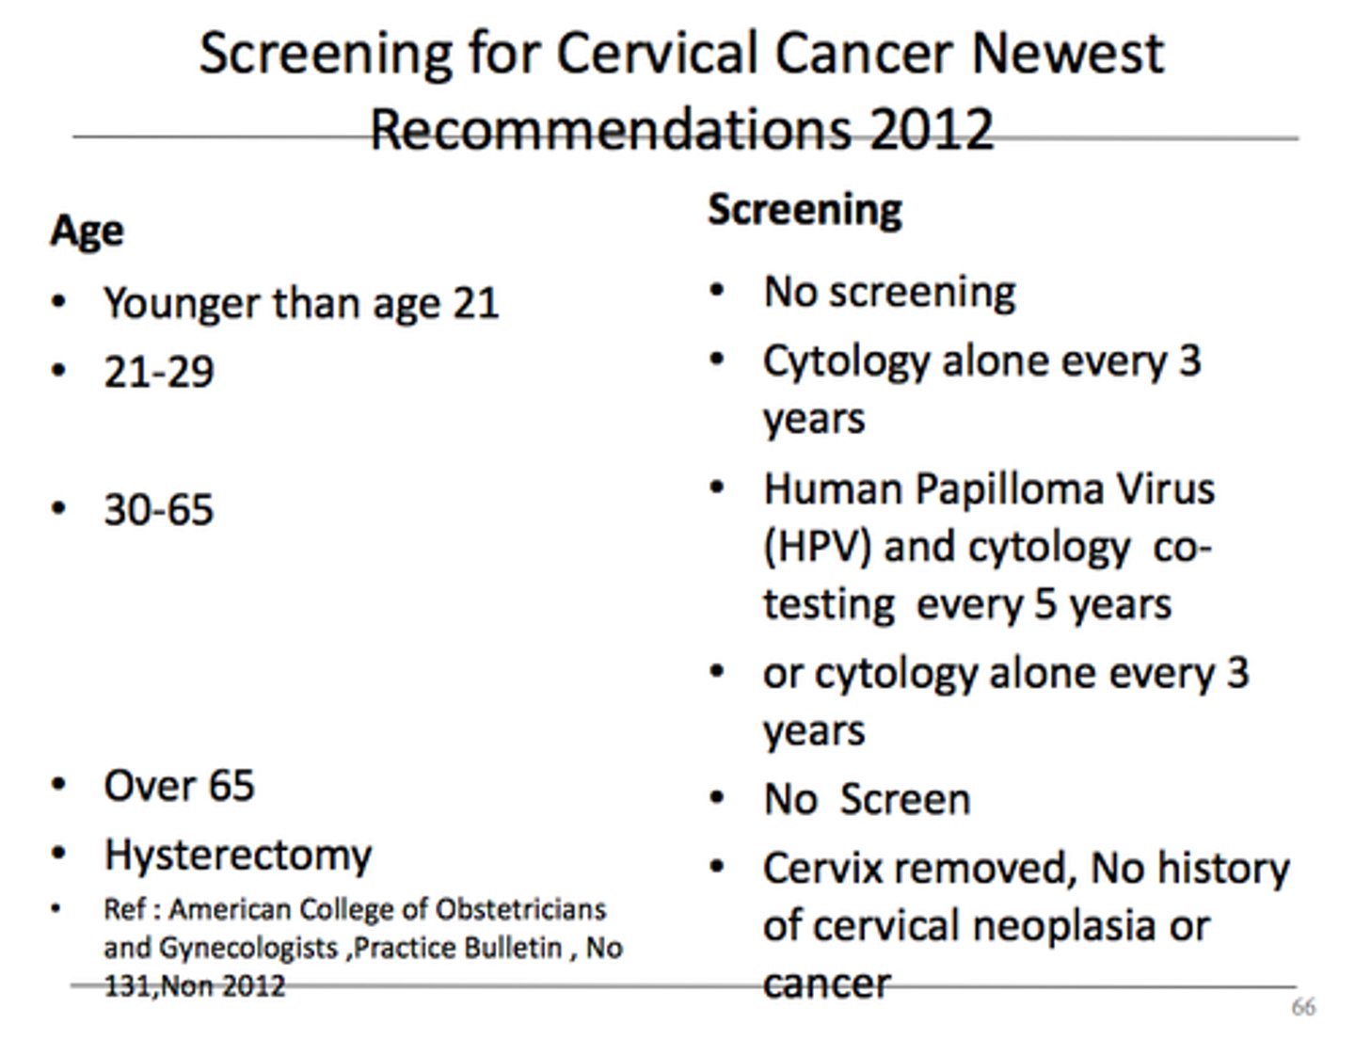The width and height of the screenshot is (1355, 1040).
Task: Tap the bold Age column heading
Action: (87, 231)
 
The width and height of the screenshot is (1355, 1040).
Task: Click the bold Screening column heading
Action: (805, 209)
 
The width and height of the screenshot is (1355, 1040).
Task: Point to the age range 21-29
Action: (158, 372)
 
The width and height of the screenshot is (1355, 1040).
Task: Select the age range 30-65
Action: (158, 509)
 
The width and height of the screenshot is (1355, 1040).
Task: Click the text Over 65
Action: (179, 785)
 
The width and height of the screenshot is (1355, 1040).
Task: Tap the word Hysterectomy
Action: (238, 855)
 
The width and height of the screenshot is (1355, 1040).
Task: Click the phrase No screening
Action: (889, 292)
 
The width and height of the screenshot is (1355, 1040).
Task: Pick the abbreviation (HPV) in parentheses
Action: (817, 547)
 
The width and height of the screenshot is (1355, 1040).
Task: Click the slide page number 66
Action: (1302, 1007)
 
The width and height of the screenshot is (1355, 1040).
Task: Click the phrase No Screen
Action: (867, 799)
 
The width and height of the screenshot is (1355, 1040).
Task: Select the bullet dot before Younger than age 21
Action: (59, 303)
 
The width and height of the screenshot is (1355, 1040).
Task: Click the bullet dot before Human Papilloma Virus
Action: (718, 488)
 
